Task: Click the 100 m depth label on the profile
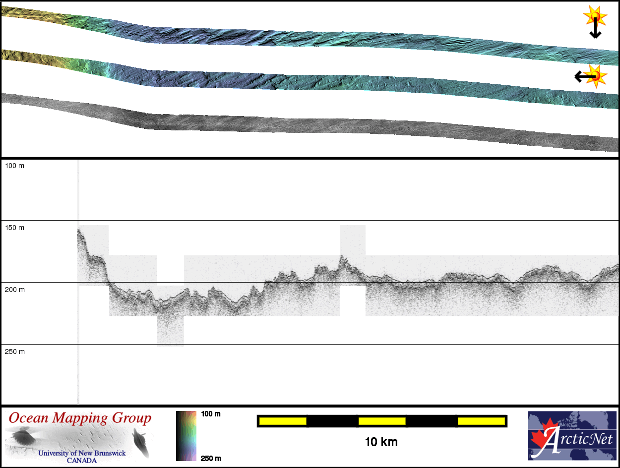click(x=15, y=166)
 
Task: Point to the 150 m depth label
click(x=15, y=228)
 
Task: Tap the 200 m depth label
click(x=15, y=290)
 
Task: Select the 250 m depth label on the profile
click(x=15, y=351)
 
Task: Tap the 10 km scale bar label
click(x=381, y=442)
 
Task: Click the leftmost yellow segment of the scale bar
click(x=283, y=421)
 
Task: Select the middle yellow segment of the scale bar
click(x=382, y=421)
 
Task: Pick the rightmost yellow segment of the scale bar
click(x=481, y=421)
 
